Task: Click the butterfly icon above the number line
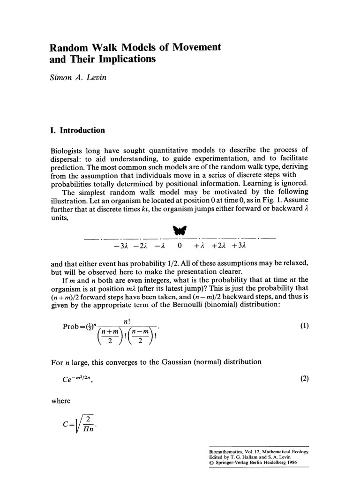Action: pyautogui.click(x=180, y=230)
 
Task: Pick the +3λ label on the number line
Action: pyautogui.click(x=239, y=245)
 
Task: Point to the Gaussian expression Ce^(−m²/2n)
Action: pyautogui.click(x=70, y=378)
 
